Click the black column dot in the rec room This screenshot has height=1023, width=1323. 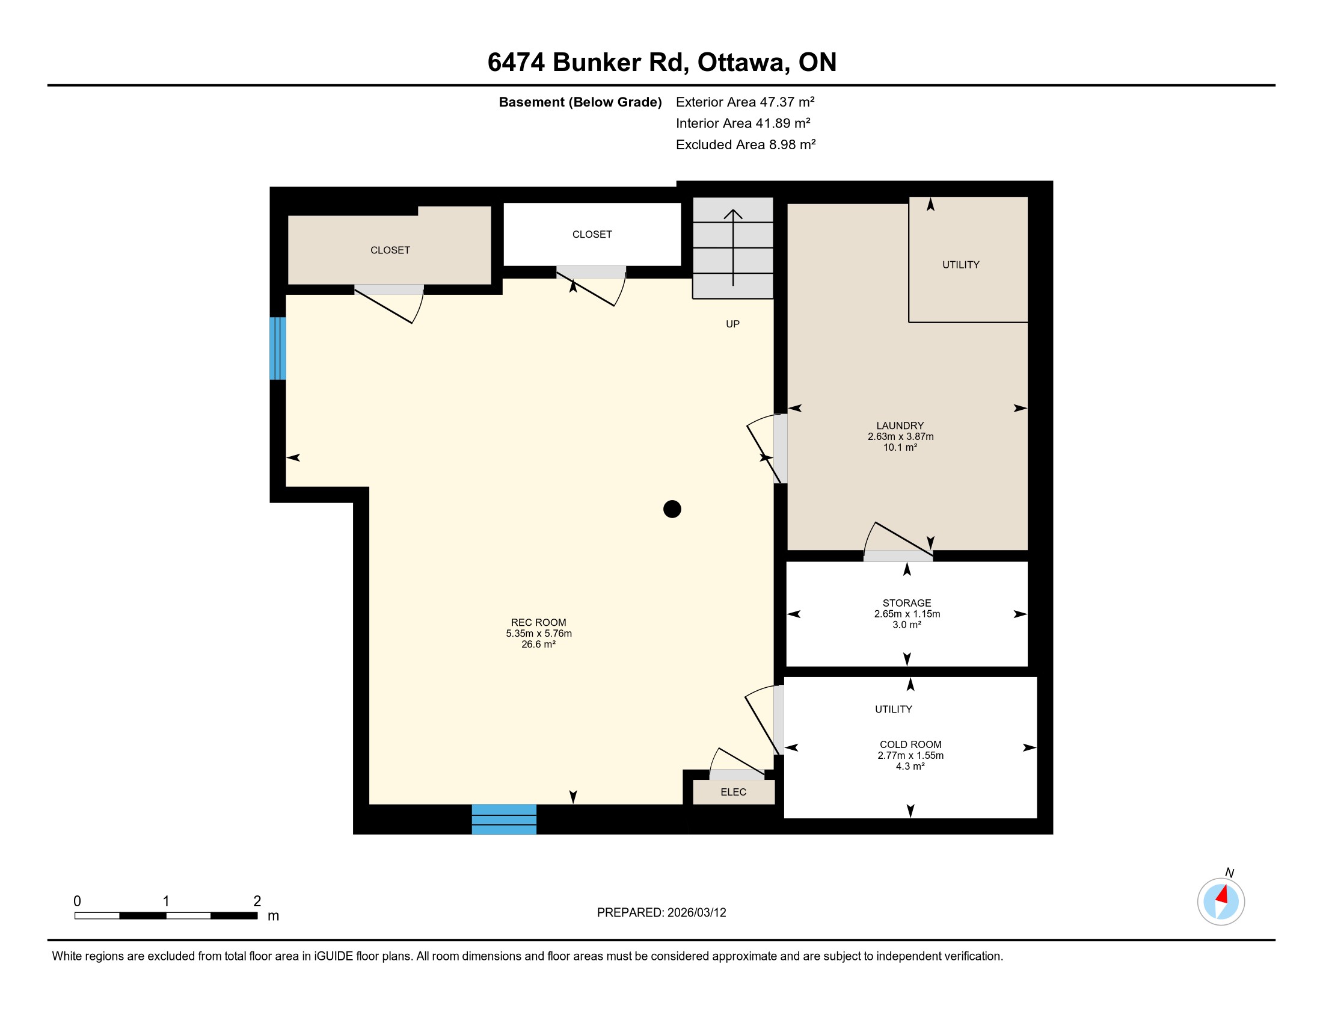672,509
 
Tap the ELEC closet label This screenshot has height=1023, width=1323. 733,792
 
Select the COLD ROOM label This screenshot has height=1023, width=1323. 910,744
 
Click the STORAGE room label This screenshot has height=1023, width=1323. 907,603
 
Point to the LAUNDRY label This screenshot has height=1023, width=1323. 900,425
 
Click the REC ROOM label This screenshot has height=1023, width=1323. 539,622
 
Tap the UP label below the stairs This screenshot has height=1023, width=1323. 732,324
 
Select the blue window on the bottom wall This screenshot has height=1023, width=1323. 504,820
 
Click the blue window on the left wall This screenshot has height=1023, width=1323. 277,348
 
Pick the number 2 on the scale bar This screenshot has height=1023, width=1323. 257,901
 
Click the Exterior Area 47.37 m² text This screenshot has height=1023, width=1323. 745,102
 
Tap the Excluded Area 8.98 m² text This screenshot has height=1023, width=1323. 746,144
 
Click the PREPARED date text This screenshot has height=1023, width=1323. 661,913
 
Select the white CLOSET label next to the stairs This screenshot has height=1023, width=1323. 592,235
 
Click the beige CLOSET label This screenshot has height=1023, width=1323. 390,250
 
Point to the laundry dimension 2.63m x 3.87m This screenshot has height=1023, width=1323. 900,436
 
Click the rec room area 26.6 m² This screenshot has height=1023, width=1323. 539,644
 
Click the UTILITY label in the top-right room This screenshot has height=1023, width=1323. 961,265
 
